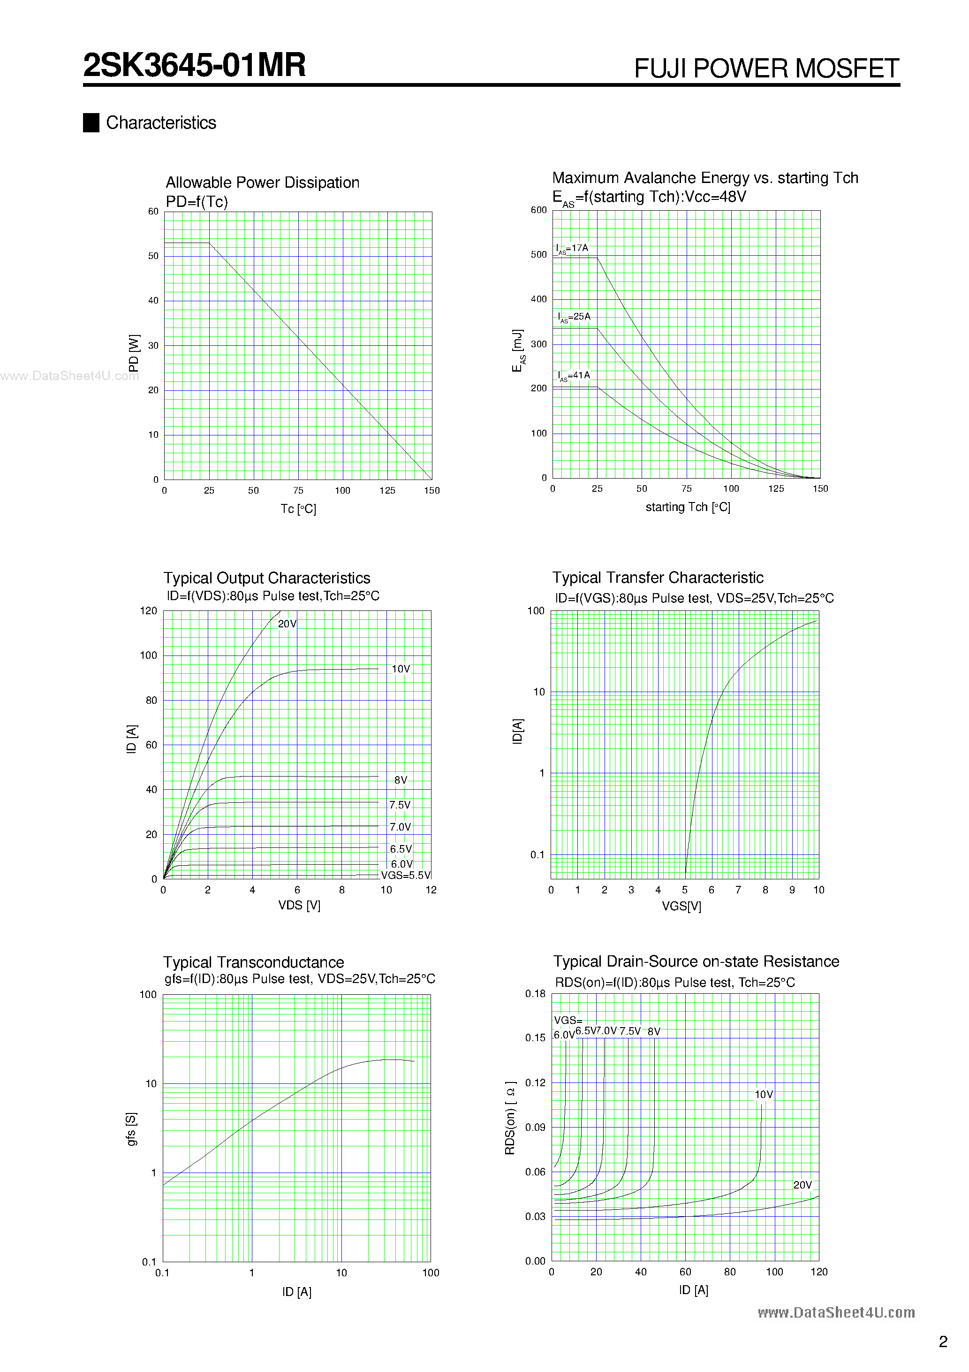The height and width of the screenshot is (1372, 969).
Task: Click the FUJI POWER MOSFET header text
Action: pyautogui.click(x=766, y=69)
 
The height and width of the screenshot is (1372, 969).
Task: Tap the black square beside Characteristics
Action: pyautogui.click(x=91, y=122)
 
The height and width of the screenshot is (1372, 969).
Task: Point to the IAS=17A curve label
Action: pyautogui.click(x=572, y=249)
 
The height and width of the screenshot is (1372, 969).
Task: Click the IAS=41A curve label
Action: pyautogui.click(x=574, y=376)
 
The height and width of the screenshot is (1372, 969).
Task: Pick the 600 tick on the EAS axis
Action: pyautogui.click(x=538, y=210)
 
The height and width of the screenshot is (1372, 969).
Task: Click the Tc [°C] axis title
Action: pyautogui.click(x=298, y=509)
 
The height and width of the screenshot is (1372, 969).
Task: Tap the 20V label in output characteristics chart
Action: pyautogui.click(x=287, y=624)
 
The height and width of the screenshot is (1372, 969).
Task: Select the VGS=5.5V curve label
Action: pyautogui.click(x=406, y=876)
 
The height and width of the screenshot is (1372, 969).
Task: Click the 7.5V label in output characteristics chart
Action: pyautogui.click(x=400, y=805)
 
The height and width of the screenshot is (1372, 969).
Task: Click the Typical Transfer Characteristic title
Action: pyautogui.click(x=657, y=578)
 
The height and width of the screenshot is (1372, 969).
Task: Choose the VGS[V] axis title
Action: pyautogui.click(x=681, y=906)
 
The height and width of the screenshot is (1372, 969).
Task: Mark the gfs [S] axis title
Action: pyautogui.click(x=131, y=1129)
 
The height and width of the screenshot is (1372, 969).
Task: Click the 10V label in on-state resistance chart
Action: pyautogui.click(x=764, y=1094)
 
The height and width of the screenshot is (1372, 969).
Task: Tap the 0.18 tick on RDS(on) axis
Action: pyautogui.click(x=535, y=994)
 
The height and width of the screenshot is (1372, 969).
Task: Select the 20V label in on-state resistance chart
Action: pyautogui.click(x=802, y=1185)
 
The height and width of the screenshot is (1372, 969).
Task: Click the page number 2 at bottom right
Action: pyautogui.click(x=943, y=1342)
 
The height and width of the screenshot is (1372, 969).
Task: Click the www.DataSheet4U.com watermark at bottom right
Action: pyautogui.click(x=836, y=1313)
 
